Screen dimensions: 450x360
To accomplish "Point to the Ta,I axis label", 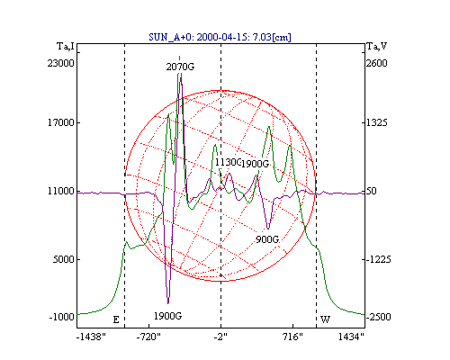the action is click(66, 47).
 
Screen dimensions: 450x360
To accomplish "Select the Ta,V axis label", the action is click(377, 47).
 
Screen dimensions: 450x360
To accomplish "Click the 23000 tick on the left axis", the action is click(60, 63).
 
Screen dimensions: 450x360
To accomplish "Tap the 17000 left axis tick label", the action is click(61, 122).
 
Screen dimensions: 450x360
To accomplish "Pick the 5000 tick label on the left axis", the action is click(63, 259).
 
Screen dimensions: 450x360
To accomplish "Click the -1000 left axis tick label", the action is click(62, 317).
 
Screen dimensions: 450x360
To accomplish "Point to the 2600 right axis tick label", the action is click(377, 63).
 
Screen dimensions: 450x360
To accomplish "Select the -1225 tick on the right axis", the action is click(379, 259).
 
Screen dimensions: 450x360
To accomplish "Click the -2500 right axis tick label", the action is click(379, 317).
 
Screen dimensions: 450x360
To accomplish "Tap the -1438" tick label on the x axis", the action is click(91, 337).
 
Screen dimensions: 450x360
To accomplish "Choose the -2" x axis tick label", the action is click(220, 337).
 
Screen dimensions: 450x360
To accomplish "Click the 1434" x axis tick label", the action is click(351, 337).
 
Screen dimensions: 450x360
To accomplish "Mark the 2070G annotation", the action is click(180, 67).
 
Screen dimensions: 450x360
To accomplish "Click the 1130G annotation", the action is click(228, 162).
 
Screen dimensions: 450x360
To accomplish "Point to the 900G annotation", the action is click(267, 239).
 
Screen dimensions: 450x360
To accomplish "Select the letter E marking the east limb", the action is click(116, 319).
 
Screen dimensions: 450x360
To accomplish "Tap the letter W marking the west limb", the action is click(326, 319).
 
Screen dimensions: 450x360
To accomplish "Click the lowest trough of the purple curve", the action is click(168, 303).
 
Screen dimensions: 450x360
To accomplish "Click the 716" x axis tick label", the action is click(292, 337).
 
